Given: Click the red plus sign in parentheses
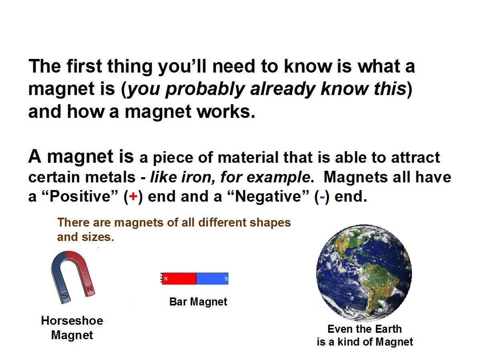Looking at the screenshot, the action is [133, 196].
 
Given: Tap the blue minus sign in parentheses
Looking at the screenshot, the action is [322, 197].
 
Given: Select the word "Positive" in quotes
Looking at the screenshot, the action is [80, 196].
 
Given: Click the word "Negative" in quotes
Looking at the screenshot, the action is [268, 196].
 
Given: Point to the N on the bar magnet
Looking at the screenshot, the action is [166, 279].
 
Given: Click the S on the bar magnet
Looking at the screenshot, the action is [226, 279].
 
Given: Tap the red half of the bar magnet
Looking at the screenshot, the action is [179, 279].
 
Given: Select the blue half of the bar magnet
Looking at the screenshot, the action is [212, 279].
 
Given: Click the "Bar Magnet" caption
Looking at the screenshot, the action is [198, 302].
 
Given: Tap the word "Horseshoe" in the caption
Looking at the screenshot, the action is [72, 321].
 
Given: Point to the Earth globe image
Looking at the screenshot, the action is [364, 273].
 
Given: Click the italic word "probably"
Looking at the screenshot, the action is [205, 89].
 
